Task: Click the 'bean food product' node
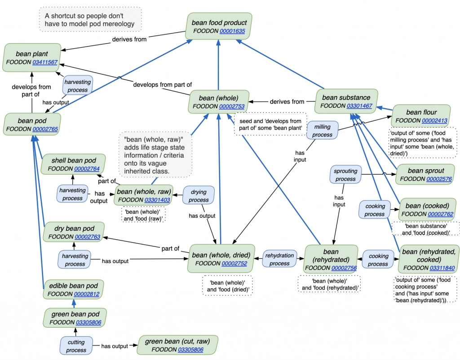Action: (219, 27)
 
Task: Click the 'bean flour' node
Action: (421, 116)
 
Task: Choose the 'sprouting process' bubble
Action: (345, 175)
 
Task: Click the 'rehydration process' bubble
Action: (279, 259)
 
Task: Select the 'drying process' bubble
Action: (199, 196)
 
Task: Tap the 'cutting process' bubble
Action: (76, 346)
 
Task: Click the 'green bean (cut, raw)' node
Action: (177, 345)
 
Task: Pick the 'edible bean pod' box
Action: (73, 290)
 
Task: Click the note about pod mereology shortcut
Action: (90, 20)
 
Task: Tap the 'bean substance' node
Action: (346, 101)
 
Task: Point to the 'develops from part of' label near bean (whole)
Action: (163, 84)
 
